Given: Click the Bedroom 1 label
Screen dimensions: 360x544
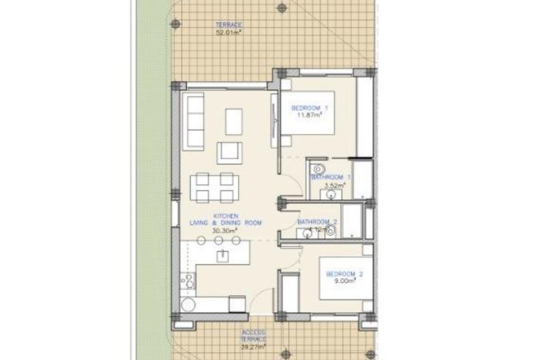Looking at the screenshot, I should [x=310, y=108].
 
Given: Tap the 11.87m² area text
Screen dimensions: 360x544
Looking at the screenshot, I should [x=309, y=115].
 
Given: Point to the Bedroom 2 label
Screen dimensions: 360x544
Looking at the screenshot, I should [x=344, y=274].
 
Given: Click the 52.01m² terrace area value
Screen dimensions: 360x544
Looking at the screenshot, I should [x=229, y=33].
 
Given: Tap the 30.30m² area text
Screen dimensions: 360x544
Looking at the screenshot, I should [x=225, y=230].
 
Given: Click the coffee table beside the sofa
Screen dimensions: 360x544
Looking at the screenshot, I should [x=234, y=121].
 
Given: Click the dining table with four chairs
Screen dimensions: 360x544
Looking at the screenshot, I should [x=214, y=188].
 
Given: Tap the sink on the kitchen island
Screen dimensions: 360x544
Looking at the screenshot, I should [x=222, y=255].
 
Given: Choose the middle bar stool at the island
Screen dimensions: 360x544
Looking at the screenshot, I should [x=218, y=241].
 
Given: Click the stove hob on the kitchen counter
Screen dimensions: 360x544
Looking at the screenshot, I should [x=187, y=282].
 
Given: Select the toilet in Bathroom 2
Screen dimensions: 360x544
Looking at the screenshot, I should [x=330, y=230].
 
